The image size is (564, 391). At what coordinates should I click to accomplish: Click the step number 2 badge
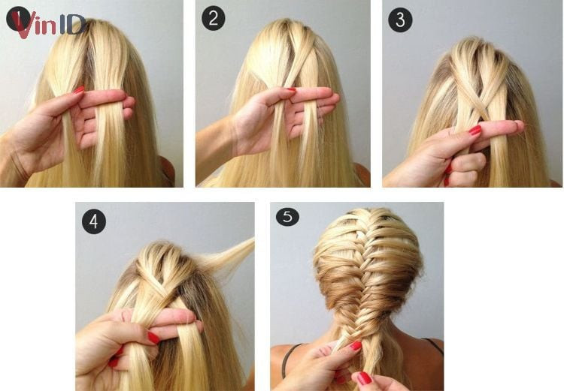(214, 19)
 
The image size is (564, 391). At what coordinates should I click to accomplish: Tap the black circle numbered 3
(400, 20)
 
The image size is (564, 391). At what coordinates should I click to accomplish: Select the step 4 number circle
(94, 222)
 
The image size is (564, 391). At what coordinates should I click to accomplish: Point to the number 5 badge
(287, 216)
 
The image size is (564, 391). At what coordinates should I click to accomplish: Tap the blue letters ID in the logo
(72, 25)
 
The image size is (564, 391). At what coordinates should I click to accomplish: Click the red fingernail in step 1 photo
(79, 90)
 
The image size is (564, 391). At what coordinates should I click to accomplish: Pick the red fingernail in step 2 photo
(291, 90)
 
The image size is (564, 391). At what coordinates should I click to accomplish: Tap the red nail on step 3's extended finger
(475, 131)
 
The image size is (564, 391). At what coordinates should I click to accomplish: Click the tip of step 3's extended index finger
(523, 125)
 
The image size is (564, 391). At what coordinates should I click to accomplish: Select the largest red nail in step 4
(153, 338)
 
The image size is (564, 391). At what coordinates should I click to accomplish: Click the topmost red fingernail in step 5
(356, 345)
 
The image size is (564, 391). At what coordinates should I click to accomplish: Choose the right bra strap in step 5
(433, 344)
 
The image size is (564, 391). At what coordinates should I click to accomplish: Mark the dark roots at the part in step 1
(88, 54)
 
